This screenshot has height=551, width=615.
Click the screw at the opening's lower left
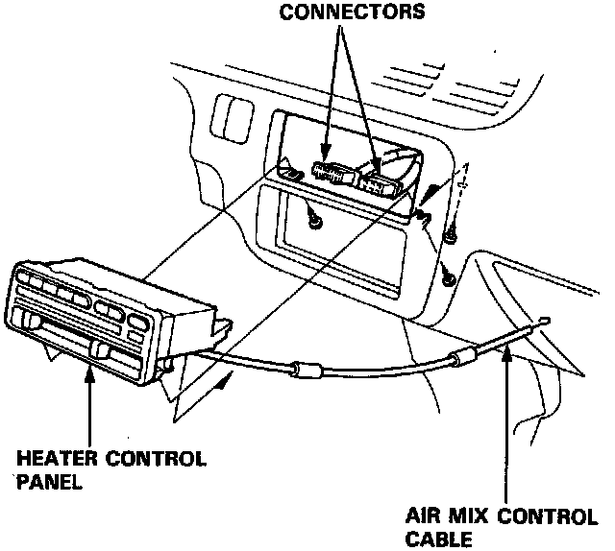pos(315,222)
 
